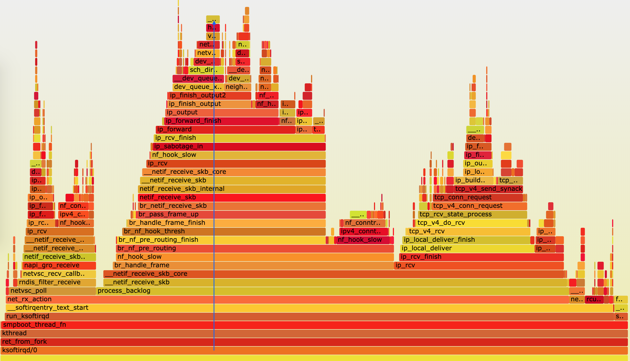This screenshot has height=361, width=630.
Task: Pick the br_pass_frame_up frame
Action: click(231, 214)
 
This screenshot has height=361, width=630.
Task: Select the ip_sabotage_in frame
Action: click(239, 146)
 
